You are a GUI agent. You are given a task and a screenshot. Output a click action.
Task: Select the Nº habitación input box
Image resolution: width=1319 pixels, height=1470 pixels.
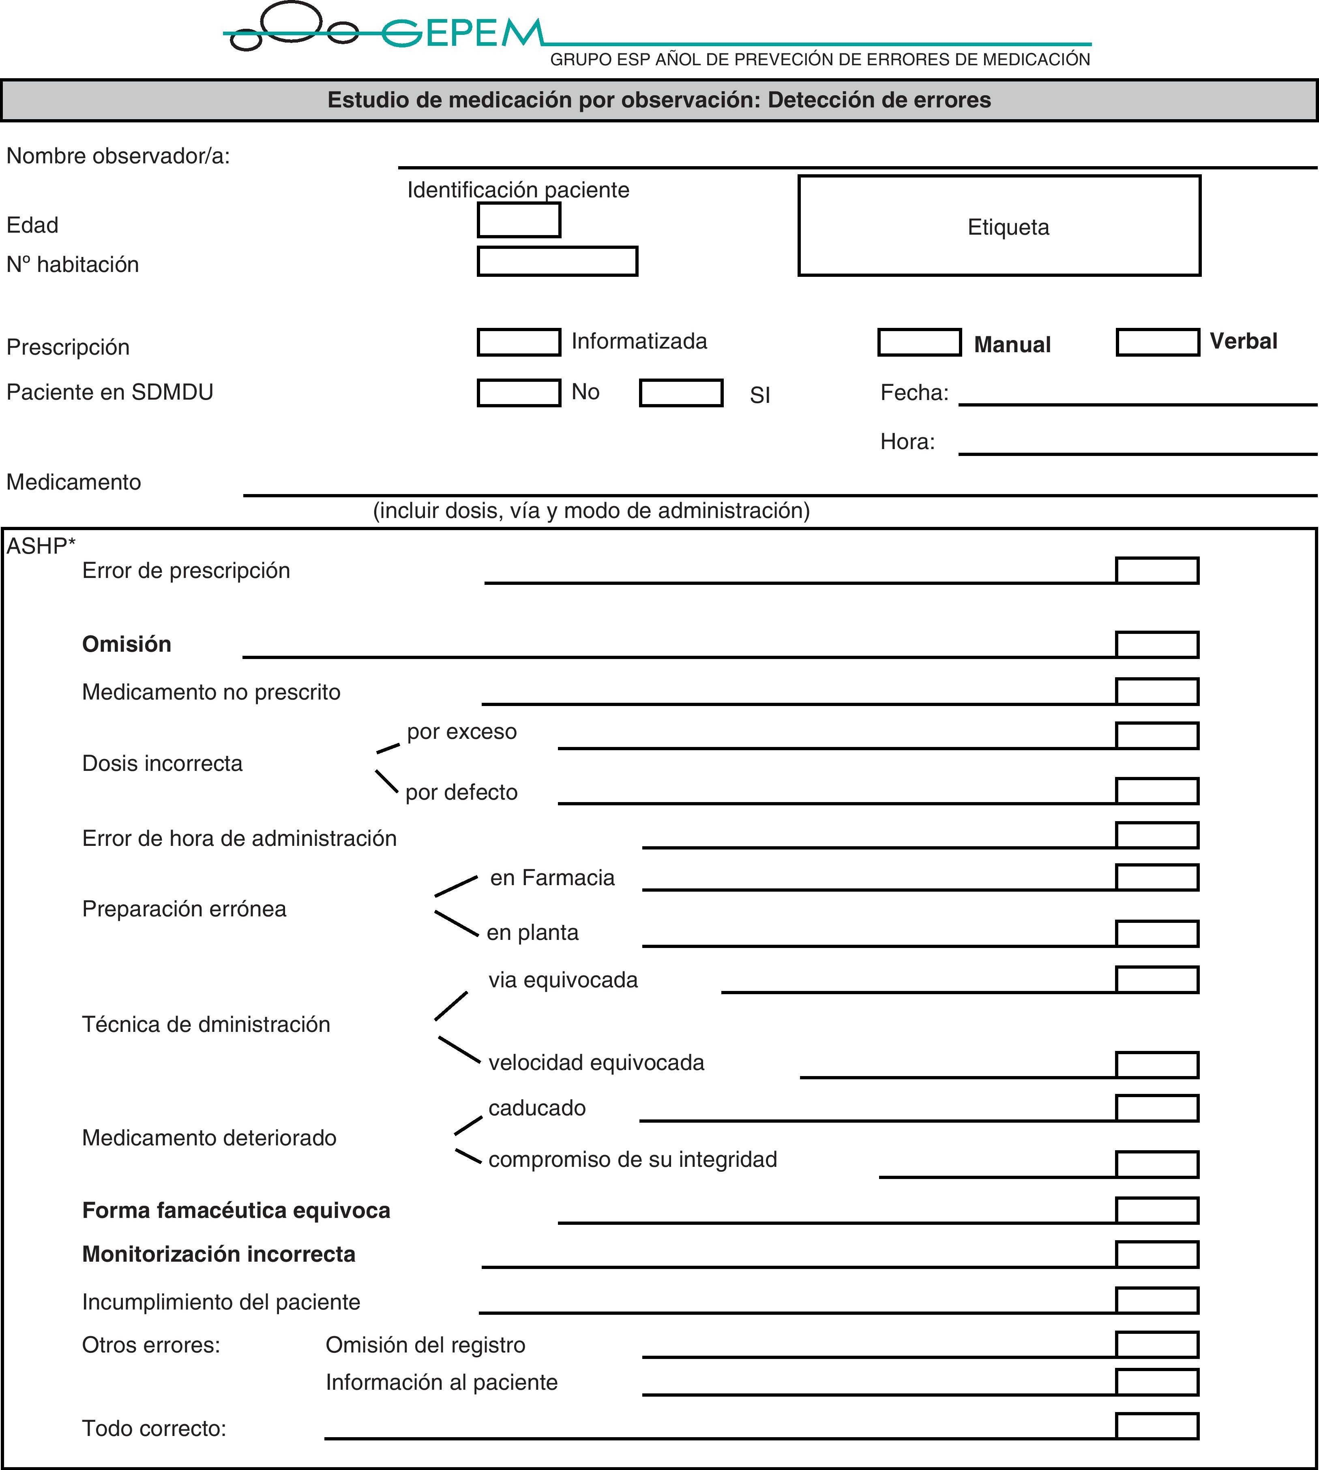tap(557, 261)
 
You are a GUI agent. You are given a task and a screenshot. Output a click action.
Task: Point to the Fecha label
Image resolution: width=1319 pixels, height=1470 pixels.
tap(914, 393)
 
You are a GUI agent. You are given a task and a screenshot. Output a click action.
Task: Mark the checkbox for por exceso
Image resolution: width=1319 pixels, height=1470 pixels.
tap(1157, 735)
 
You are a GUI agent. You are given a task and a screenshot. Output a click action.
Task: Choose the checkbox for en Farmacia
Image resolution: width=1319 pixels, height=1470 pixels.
tap(1157, 877)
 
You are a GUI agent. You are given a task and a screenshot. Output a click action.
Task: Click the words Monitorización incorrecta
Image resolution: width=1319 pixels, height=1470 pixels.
tap(219, 1254)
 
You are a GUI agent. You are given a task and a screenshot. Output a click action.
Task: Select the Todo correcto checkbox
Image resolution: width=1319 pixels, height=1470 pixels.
tap(1157, 1426)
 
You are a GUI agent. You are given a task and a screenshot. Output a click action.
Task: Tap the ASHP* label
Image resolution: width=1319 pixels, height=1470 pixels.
tap(41, 546)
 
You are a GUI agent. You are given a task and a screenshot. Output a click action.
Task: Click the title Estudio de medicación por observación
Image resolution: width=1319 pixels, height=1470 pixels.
tap(659, 100)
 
